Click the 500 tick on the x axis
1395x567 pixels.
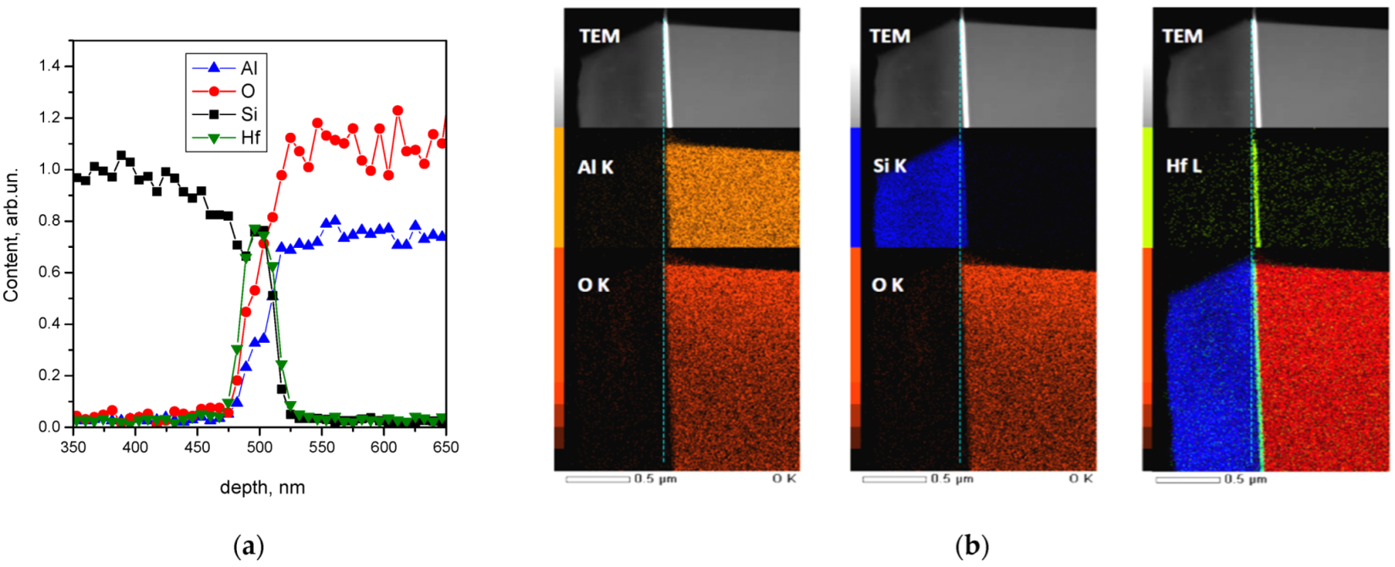(260, 446)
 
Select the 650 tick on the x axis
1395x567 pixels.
(445, 446)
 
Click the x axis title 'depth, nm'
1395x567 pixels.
(262, 487)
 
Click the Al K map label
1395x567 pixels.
(596, 168)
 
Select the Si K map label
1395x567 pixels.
(889, 166)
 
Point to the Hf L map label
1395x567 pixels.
(1184, 166)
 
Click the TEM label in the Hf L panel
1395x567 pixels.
(1182, 36)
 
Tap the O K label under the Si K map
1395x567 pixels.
(887, 285)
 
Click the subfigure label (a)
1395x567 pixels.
(248, 547)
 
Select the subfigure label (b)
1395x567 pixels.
(970, 547)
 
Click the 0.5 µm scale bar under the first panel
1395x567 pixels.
(598, 479)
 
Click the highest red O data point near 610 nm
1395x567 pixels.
(398, 110)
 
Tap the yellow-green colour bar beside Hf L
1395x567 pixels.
(1148, 188)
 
